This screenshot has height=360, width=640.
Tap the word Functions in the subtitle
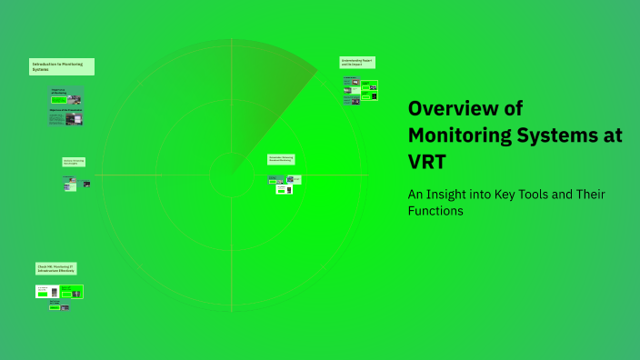click(x=436, y=211)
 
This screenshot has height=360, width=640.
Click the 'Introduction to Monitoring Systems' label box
click(x=62, y=66)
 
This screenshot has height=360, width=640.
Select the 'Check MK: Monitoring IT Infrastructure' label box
click(x=55, y=269)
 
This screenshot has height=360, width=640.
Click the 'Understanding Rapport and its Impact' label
click(x=357, y=62)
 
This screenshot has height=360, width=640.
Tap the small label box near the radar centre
click(x=281, y=159)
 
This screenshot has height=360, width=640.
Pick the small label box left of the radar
click(x=74, y=162)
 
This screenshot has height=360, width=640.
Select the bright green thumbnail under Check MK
click(x=72, y=292)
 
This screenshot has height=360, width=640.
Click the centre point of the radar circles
click(x=232, y=175)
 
